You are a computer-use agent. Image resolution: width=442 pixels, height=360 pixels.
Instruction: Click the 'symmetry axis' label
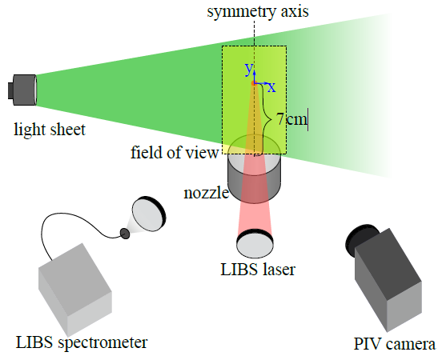258,12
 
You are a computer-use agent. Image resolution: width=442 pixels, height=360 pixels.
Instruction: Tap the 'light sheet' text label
50,130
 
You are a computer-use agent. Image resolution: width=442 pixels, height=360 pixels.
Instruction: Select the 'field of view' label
175,152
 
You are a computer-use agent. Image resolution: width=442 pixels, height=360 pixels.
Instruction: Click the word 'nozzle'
206,194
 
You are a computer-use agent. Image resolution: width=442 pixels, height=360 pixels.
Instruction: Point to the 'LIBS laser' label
258,270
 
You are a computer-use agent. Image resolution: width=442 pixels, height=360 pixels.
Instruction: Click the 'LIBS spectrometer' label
82,343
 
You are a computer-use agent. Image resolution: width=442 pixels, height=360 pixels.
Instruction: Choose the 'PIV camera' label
395,344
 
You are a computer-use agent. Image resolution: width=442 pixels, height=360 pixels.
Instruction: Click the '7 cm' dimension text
291,118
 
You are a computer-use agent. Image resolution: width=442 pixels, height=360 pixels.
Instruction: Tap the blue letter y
249,69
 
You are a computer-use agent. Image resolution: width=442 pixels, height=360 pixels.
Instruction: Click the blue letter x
271,87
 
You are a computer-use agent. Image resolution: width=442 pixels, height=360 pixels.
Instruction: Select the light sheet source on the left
22,90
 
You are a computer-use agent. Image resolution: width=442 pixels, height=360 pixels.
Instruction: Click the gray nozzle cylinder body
255,169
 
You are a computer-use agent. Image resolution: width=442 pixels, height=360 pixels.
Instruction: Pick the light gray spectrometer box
74,290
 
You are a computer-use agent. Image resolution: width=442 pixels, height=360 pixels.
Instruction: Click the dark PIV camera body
388,280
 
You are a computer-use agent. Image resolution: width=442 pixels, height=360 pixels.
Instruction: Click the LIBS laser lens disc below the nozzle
255,244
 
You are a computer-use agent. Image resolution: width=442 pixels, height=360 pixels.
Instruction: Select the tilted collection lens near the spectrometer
149,214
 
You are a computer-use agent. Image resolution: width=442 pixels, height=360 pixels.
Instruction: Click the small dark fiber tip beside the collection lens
125,234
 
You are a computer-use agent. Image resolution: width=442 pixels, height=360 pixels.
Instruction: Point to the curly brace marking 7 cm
267,119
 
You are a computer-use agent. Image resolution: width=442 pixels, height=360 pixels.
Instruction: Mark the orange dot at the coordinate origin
253,83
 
